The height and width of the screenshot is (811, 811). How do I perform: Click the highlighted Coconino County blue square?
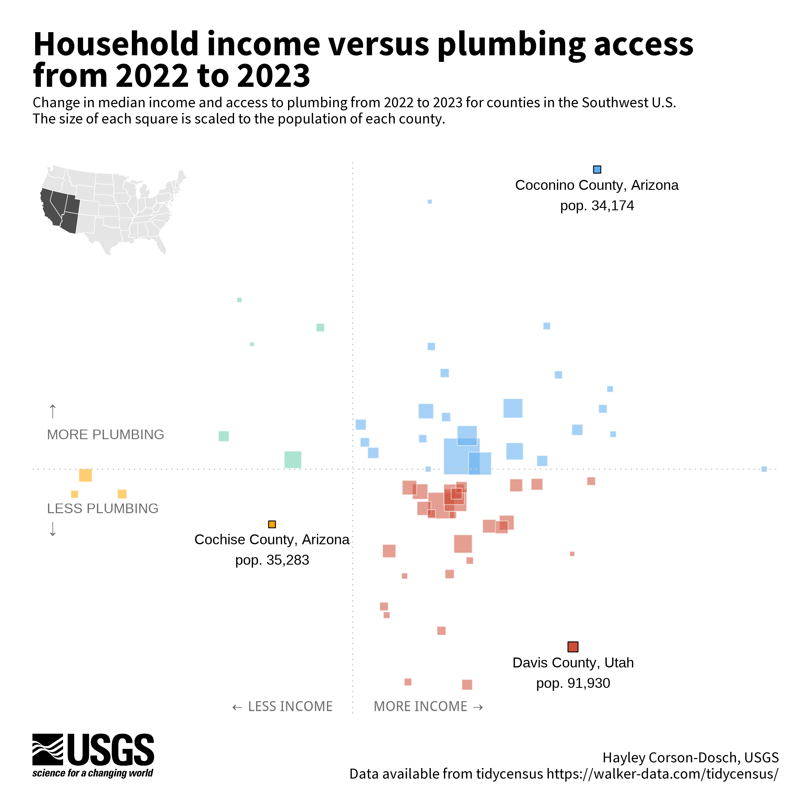[x=597, y=170]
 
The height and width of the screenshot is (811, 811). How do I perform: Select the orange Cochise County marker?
[x=272, y=524]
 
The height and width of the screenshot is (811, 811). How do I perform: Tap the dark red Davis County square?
[x=573, y=647]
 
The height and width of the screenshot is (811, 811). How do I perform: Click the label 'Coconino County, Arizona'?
[x=597, y=185]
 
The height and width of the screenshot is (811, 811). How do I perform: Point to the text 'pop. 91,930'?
[x=573, y=683]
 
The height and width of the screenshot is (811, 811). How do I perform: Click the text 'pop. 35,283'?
[x=272, y=560]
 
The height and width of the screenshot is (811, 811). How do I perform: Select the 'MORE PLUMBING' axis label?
[x=105, y=434]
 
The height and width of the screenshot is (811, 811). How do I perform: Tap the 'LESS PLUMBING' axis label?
[x=102, y=508]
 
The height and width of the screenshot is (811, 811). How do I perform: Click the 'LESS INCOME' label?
[x=290, y=706]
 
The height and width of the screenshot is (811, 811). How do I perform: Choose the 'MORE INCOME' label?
[x=421, y=706]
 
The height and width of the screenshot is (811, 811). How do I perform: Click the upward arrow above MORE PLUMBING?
[x=53, y=412]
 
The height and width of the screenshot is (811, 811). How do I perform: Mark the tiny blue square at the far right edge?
[x=764, y=469]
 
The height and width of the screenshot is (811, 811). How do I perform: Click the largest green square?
[x=293, y=460]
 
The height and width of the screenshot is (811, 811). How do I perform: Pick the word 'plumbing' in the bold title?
[x=511, y=44]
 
